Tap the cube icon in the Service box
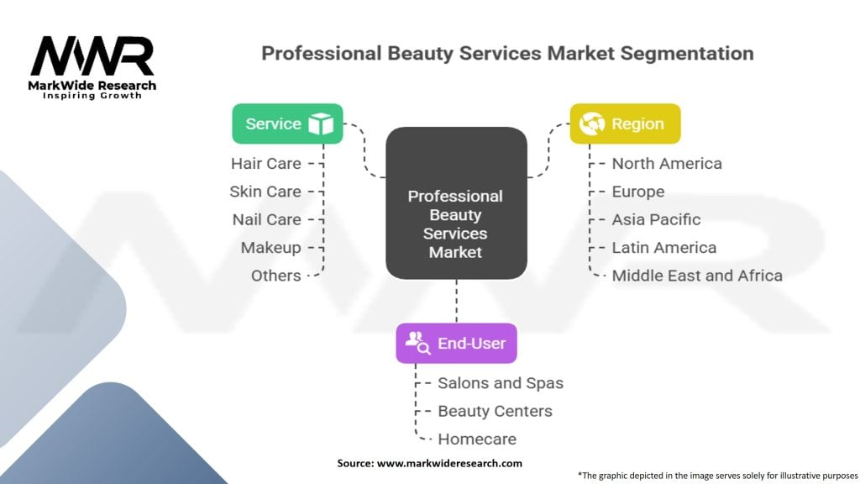pyautogui.click(x=320, y=124)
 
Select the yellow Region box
pyautogui.click(x=625, y=124)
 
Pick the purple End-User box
pyautogui.click(x=456, y=343)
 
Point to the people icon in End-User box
pyautogui.click(x=417, y=342)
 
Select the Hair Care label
pyautogui.click(x=266, y=163)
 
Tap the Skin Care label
pyautogui.click(x=265, y=192)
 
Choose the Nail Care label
pyautogui.click(x=266, y=219)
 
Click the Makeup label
pyautogui.click(x=270, y=248)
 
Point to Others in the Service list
pyautogui.click(x=275, y=276)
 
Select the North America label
pyautogui.click(x=667, y=163)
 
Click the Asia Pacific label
pyautogui.click(x=656, y=219)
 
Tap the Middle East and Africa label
pyautogui.click(x=697, y=276)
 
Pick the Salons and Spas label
pyautogui.click(x=501, y=383)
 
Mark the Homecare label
pyautogui.click(x=477, y=439)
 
